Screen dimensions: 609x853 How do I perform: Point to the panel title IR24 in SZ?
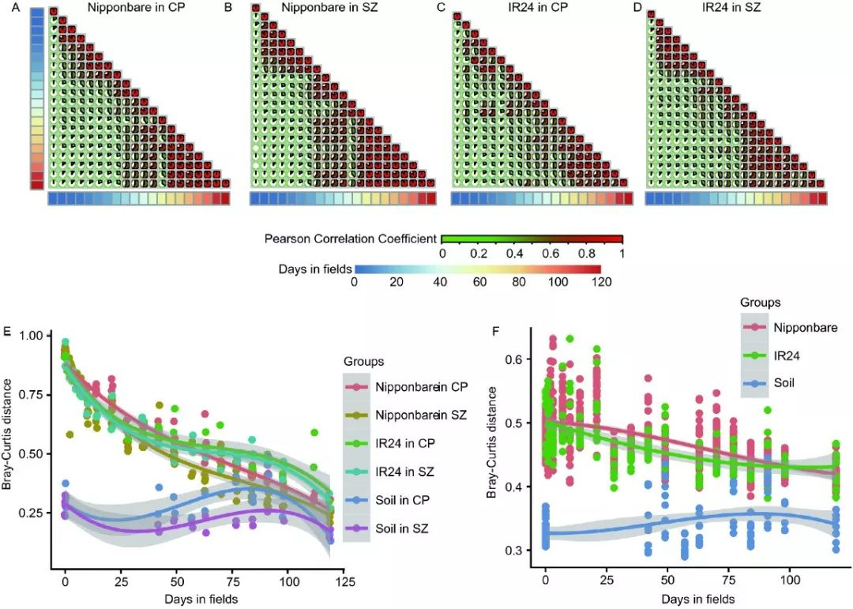[x=737, y=9]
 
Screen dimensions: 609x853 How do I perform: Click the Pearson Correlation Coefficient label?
[x=352, y=238]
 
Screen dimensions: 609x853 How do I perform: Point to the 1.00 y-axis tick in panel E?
[x=32, y=336]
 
